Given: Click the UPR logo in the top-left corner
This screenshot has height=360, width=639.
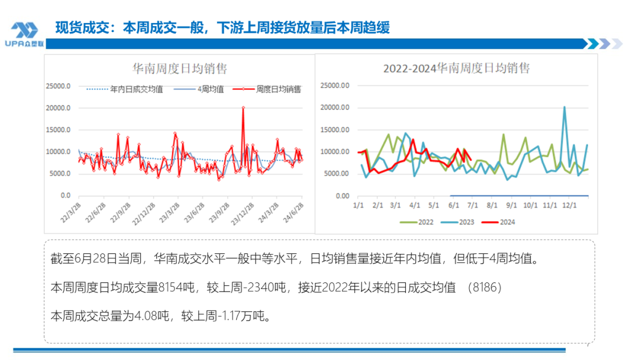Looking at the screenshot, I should tap(24, 34).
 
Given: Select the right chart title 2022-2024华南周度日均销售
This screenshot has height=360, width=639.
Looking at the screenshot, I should tap(456, 68).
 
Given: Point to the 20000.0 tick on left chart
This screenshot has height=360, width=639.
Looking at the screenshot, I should tap(59, 108).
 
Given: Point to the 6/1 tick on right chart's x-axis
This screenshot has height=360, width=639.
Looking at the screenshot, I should tap(454, 205).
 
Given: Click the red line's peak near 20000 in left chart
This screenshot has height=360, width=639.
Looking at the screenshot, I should tap(243, 108).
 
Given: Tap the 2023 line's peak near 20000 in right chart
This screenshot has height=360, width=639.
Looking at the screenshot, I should tap(564, 107).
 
